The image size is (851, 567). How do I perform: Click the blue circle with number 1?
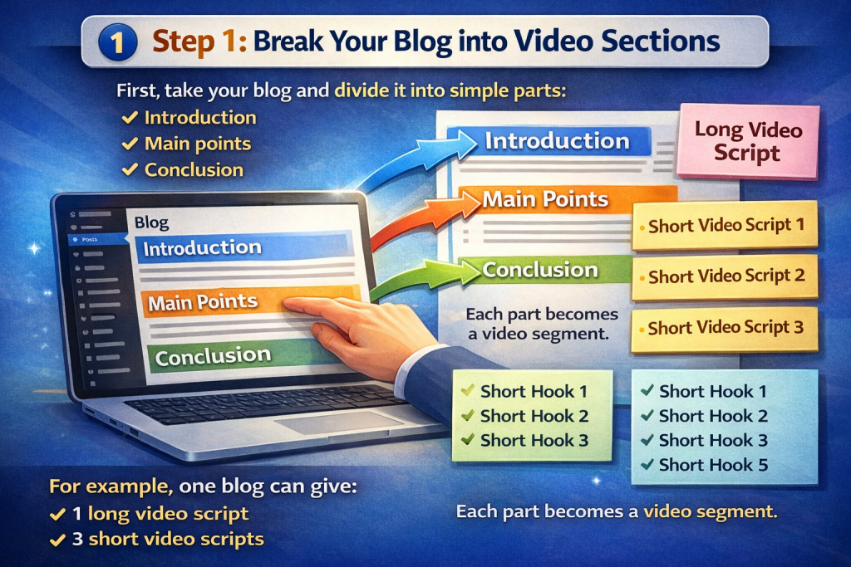click(118, 42)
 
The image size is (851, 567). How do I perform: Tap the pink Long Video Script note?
click(748, 141)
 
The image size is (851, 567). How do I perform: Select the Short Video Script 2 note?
click(725, 276)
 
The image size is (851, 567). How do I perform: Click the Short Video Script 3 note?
click(725, 329)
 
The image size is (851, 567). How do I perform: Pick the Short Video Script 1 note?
click(725, 225)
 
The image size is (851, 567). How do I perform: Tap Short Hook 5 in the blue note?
click(713, 465)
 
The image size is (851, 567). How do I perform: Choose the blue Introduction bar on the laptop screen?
click(244, 247)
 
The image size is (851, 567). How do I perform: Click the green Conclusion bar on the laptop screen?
click(239, 355)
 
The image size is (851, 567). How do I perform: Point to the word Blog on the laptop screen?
click(151, 222)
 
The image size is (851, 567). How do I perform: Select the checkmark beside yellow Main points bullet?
click(130, 144)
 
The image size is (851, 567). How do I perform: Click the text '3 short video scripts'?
click(168, 539)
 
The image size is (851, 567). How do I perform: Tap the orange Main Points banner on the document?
click(567, 199)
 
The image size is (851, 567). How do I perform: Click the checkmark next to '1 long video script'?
click(57, 514)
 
